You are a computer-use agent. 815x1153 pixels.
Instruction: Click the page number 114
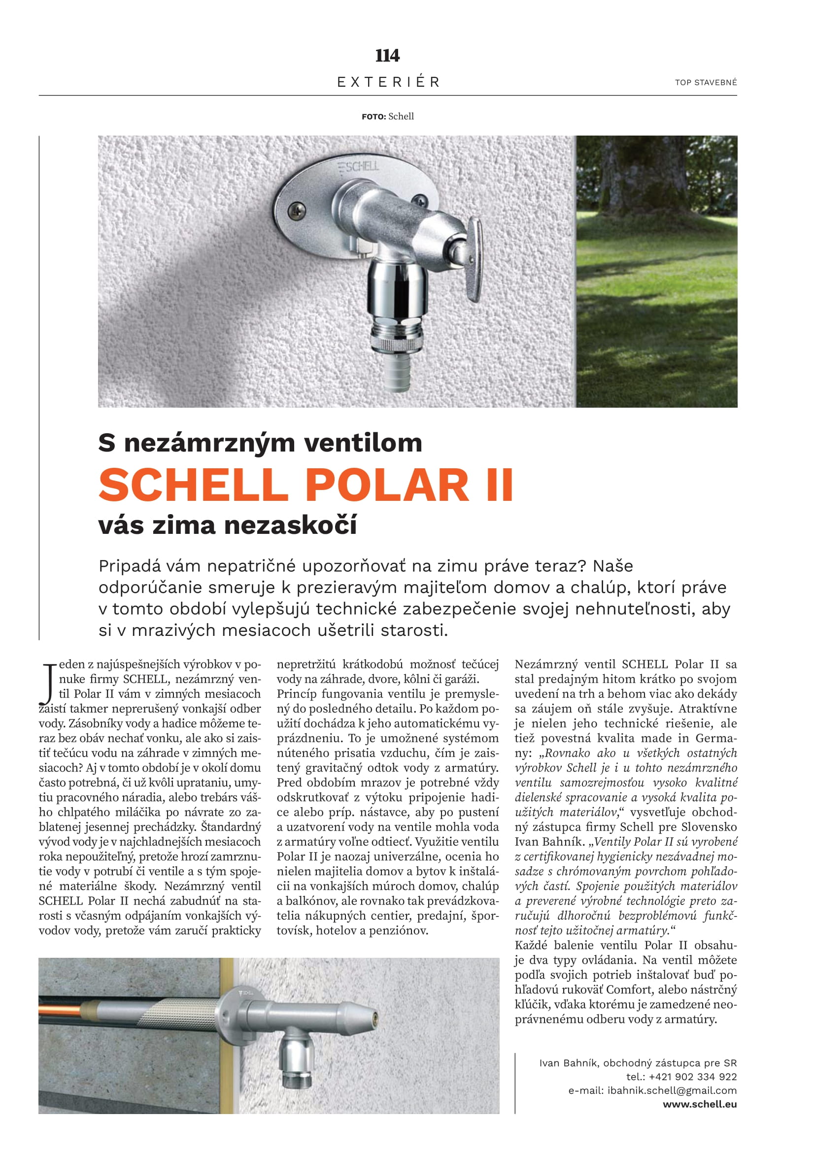pos(387,55)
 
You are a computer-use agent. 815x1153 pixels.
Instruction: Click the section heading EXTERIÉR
pos(388,82)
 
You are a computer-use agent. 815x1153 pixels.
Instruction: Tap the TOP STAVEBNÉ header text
pos(706,82)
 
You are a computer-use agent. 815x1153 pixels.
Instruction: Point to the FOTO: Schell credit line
pos(387,116)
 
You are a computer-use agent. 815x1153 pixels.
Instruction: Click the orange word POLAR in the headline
pos(386,485)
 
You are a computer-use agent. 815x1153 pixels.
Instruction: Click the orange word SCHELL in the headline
pos(193,485)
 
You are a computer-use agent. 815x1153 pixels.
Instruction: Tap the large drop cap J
pos(48,683)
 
